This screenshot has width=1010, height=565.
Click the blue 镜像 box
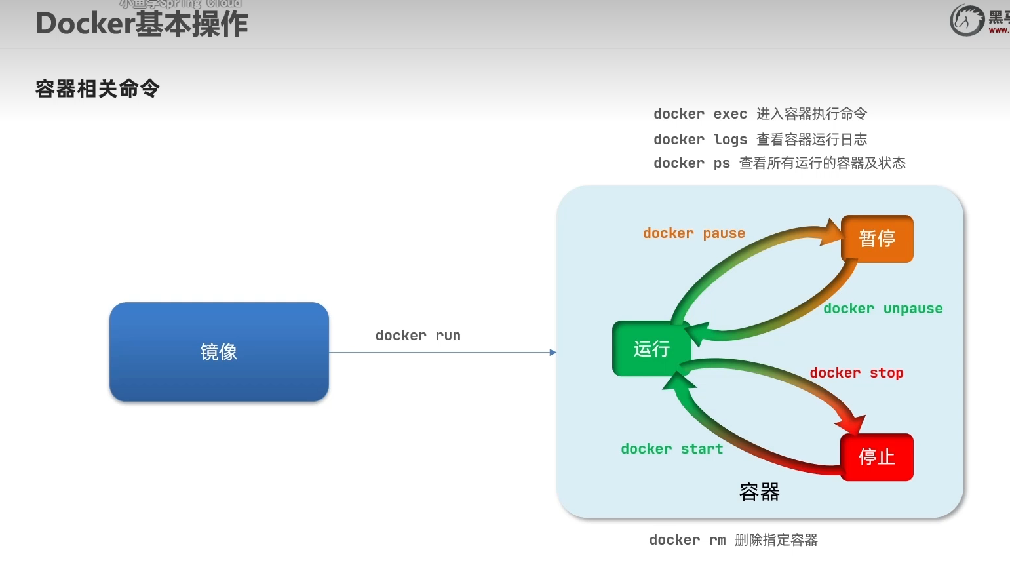coord(219,352)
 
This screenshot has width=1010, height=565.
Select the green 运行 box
coord(651,349)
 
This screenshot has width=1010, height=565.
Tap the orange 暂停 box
coord(877,239)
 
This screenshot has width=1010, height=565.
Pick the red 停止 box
coord(877,457)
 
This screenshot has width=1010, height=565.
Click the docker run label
coord(418,336)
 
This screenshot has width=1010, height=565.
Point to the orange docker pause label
coord(694,233)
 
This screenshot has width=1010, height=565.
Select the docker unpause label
coord(883,309)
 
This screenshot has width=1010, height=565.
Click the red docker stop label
coord(857,373)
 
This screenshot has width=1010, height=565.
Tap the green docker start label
coord(672,449)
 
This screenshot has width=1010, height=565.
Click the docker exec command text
coord(700,114)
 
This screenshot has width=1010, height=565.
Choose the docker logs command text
coord(700,140)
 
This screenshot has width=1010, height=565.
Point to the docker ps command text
coord(691,163)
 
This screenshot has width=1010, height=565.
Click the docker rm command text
coord(687,540)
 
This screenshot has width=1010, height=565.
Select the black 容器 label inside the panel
coord(759,492)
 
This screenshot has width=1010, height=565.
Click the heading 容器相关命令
coord(98,88)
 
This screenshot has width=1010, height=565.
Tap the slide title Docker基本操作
coord(142,24)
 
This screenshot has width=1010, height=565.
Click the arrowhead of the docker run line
coord(553,353)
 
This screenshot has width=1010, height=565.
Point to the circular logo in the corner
coord(967,20)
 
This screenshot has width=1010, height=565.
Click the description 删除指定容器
coord(776,540)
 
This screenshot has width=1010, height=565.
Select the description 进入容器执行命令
coord(811,114)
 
